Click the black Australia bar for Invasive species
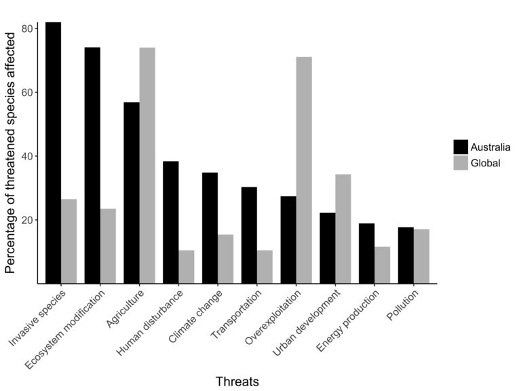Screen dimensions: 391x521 pyautogui.click(x=53, y=153)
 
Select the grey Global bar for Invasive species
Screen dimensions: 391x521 pyautogui.click(x=69, y=241)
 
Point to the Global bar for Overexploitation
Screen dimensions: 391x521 pyautogui.click(x=304, y=170)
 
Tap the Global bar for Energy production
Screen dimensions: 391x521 pyautogui.click(x=382, y=265)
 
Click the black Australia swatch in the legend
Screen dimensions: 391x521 pyautogui.click(x=461, y=147)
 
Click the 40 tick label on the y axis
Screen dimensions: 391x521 pyautogui.click(x=28, y=156)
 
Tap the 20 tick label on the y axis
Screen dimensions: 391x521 pyautogui.click(x=28, y=220)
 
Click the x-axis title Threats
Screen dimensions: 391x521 pyautogui.click(x=237, y=381)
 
